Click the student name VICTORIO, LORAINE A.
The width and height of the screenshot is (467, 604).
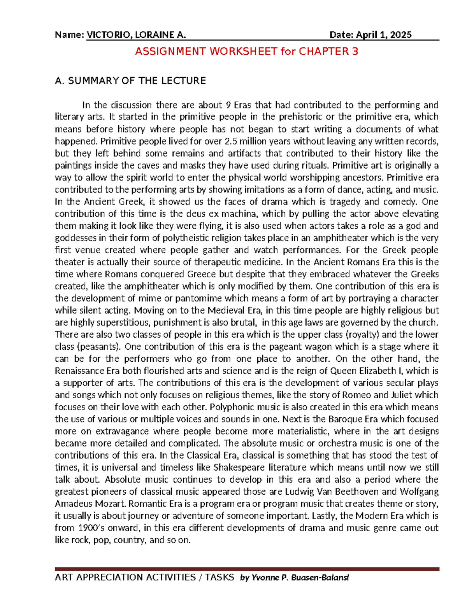click(136, 35)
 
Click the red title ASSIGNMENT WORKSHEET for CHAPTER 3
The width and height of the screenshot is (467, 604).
click(246, 51)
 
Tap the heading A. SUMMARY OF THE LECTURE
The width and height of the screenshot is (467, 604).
click(130, 81)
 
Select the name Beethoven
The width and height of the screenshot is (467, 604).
click(354, 492)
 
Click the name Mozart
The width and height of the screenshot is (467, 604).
click(111, 504)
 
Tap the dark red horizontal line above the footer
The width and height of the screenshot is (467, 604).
click(247, 569)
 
